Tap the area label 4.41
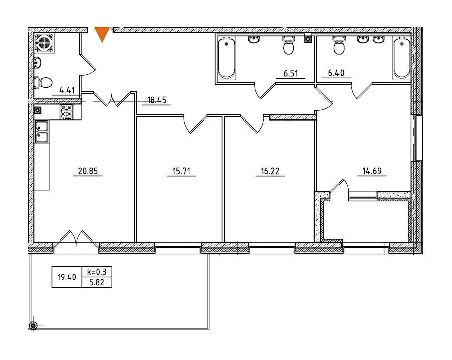(67, 90)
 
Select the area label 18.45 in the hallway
(157, 100)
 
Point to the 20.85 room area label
(88, 171)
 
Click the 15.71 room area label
(182, 171)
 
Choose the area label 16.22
(270, 171)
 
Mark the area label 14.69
(372, 171)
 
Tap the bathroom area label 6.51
(291, 73)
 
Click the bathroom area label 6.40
(336, 73)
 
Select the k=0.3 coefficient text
(97, 272)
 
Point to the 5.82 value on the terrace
(97, 282)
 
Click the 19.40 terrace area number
(67, 277)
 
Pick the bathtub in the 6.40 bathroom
(402, 58)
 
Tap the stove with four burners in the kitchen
(66, 112)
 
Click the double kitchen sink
(42, 132)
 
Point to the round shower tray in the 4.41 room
(44, 43)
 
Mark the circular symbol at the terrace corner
(34, 326)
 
